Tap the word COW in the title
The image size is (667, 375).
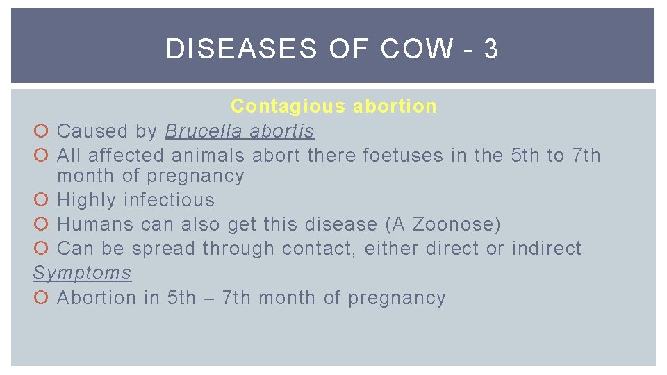pyautogui.click(x=417, y=49)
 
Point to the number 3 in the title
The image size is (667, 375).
pyautogui.click(x=491, y=49)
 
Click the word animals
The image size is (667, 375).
pyautogui.click(x=208, y=156)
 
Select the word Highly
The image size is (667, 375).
pyautogui.click(x=87, y=201)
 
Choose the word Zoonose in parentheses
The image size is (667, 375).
pyautogui.click(x=456, y=225)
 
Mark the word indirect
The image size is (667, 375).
pyautogui.click(x=547, y=249)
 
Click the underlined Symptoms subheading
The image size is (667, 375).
pyautogui.click(x=82, y=273)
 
